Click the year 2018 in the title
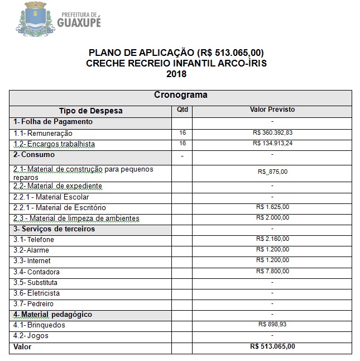176,73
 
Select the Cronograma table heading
180,95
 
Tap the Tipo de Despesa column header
91,111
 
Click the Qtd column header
183,110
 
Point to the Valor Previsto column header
272,110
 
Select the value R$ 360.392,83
272,133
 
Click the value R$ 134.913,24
272,144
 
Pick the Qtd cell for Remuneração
183,133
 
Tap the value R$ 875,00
272,172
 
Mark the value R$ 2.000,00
272,218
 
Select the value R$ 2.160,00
272,239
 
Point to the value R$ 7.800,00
272,272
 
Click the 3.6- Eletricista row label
36,293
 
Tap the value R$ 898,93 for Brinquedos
272,325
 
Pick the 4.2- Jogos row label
31,336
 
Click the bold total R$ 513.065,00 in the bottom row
272,346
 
